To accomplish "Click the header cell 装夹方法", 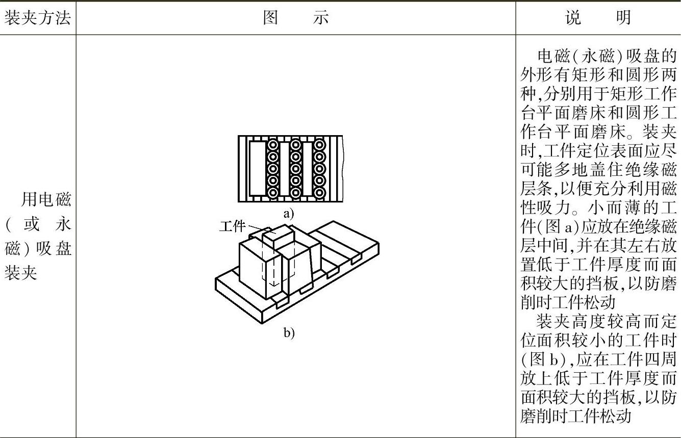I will tap(37, 18).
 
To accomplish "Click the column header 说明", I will tap(598, 18).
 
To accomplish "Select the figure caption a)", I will tap(289, 214).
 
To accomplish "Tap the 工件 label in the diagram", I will tap(232, 226).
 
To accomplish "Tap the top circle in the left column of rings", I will tap(272, 145).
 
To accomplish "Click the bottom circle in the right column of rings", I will tap(319, 193).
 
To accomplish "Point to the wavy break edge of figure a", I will tap(343, 169).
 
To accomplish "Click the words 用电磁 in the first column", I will tap(45, 200).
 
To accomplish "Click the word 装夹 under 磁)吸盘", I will tap(21, 274).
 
